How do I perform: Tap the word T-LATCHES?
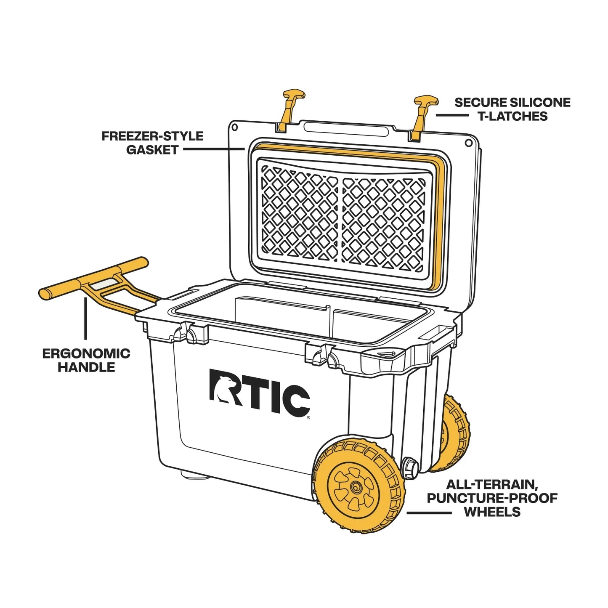point(512,117)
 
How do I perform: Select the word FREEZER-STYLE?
point(152,136)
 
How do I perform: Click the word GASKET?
point(152,150)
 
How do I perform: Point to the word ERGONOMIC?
point(86,353)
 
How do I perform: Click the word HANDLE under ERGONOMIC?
point(86,367)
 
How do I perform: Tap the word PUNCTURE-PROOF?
point(492,498)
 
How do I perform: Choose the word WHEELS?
point(492,512)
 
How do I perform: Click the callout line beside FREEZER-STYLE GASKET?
point(214,149)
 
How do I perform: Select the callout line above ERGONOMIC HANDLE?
point(85,318)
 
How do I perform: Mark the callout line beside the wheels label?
point(429,513)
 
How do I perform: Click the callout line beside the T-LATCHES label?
point(451,115)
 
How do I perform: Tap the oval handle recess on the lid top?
point(346,129)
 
